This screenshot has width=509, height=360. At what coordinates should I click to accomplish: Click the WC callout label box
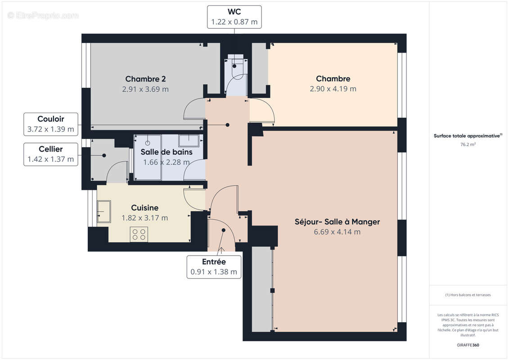click(x=234, y=17)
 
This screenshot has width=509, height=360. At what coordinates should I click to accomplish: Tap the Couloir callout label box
click(x=51, y=124)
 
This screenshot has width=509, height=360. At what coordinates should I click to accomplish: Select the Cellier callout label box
click(x=51, y=154)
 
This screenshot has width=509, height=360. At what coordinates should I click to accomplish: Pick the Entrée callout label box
click(x=214, y=267)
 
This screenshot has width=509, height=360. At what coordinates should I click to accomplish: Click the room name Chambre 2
click(x=145, y=79)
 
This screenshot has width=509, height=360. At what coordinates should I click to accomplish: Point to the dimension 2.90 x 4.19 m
click(x=333, y=89)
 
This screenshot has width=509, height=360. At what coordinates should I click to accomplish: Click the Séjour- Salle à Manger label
click(x=337, y=222)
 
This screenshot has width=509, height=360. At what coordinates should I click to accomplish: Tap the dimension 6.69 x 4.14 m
click(x=337, y=232)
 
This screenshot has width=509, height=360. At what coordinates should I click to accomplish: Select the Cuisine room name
click(x=145, y=208)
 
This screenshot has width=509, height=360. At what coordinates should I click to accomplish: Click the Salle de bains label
click(x=167, y=152)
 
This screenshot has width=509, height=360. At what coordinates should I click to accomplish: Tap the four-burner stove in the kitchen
click(x=139, y=234)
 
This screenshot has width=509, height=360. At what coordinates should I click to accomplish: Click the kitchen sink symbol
click(x=104, y=211)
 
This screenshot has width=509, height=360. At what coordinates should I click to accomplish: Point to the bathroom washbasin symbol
click(x=189, y=141)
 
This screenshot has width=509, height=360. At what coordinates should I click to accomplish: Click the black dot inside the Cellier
click(x=104, y=156)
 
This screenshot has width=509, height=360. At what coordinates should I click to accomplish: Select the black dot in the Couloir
click(x=228, y=125)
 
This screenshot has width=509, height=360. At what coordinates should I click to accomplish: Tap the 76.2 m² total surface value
click(x=468, y=144)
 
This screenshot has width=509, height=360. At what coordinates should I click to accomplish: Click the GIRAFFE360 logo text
click(x=468, y=345)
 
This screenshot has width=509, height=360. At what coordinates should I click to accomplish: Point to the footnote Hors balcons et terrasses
click(x=468, y=295)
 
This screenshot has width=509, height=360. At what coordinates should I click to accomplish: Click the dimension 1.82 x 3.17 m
click(x=145, y=218)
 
